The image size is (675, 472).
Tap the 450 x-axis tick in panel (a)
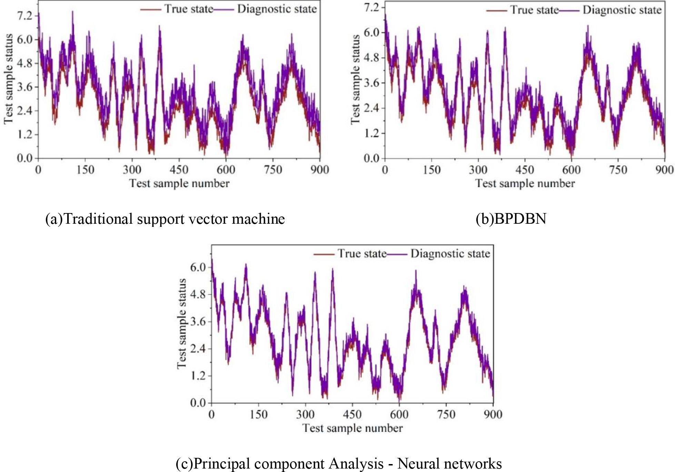[179, 170]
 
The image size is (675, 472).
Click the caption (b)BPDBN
[511, 219]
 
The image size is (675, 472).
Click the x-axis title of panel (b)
[525, 183]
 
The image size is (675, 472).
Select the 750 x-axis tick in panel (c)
[446, 414]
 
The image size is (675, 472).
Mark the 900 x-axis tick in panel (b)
[664, 170]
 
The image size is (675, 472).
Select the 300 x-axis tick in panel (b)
[478, 170]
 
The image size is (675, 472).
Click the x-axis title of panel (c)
[353, 428]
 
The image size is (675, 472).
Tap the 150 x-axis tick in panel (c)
[258, 414]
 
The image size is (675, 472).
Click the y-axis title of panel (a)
[8, 79]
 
